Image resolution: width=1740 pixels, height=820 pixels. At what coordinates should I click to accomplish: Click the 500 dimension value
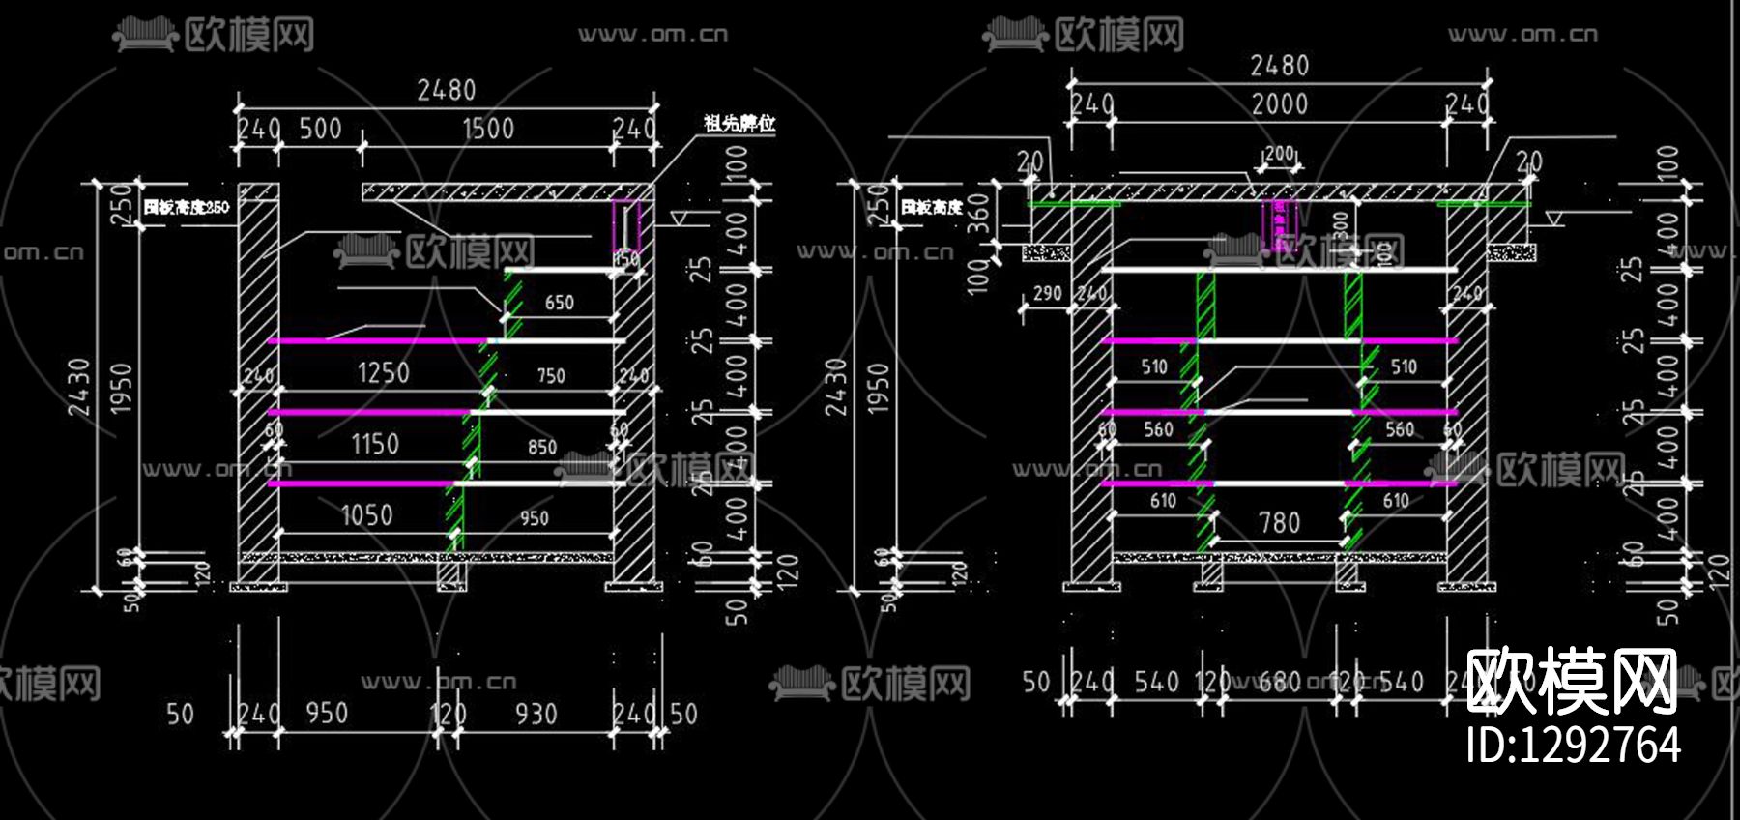320,129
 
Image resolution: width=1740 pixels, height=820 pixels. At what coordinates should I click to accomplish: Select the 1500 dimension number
488,129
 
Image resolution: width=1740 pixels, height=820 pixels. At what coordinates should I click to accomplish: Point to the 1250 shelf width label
384,372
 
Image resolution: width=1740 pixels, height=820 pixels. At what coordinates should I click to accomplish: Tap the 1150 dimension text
375,444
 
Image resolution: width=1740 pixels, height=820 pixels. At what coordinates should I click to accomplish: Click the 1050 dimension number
367,515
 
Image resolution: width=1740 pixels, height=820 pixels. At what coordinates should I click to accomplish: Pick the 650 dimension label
559,303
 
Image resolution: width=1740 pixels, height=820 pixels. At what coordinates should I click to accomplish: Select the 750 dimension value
551,375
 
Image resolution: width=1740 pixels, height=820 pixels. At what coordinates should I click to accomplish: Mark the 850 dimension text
542,447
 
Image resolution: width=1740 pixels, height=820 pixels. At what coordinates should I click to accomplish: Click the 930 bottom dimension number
536,714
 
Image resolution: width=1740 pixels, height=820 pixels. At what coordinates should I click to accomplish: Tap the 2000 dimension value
1280,104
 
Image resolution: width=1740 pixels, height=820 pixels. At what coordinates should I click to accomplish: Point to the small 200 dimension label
1279,154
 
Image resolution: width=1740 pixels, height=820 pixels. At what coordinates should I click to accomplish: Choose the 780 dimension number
1279,523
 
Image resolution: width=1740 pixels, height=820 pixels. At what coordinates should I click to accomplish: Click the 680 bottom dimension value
1280,682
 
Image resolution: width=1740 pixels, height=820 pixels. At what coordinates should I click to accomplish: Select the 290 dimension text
1047,293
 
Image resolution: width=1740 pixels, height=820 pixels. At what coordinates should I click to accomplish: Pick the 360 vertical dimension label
978,213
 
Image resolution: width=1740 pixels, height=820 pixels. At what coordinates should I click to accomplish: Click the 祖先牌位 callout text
739,123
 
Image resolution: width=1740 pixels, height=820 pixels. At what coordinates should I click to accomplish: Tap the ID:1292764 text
1574,745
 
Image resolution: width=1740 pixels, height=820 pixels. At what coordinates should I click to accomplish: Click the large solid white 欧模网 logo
1572,681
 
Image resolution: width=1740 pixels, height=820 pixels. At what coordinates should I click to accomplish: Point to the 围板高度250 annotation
187,207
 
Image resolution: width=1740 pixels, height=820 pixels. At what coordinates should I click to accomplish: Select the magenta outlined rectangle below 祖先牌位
625,226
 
